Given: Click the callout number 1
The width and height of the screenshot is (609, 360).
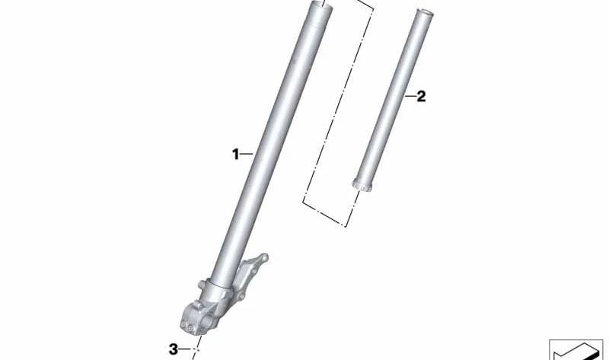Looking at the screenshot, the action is (235, 155).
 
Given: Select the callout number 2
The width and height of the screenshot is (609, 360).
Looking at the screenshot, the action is (421, 96).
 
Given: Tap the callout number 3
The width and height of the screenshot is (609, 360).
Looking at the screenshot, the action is (174, 349).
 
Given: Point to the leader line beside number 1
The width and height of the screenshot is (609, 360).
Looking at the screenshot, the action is (246, 155).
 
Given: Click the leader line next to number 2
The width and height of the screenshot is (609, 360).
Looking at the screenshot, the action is (410, 96).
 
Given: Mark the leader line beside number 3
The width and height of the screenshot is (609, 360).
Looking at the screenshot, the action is (185, 349).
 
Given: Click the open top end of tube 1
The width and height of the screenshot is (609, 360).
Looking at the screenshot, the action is (320, 6).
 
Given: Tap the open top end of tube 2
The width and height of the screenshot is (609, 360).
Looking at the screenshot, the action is (424, 13).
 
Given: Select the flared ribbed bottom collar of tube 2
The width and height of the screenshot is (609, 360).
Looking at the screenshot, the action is (362, 185).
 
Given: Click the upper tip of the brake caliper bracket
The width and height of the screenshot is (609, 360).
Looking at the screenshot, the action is (264, 257).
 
